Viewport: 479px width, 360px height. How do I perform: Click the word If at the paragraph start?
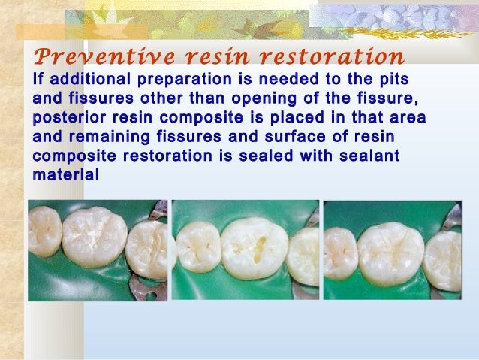[x=39, y=80]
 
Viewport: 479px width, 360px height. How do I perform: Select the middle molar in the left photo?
[x=95, y=237]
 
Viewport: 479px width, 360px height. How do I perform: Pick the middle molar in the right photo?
[x=390, y=252]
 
